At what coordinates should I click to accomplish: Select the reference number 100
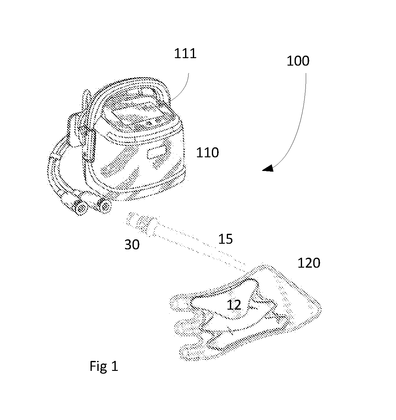[298, 61]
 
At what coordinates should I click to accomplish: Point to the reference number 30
[132, 244]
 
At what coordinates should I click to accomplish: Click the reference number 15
[226, 239]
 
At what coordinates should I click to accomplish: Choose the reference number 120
[309, 263]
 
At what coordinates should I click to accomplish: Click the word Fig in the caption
[98, 367]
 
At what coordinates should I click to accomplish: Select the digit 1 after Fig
[114, 366]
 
